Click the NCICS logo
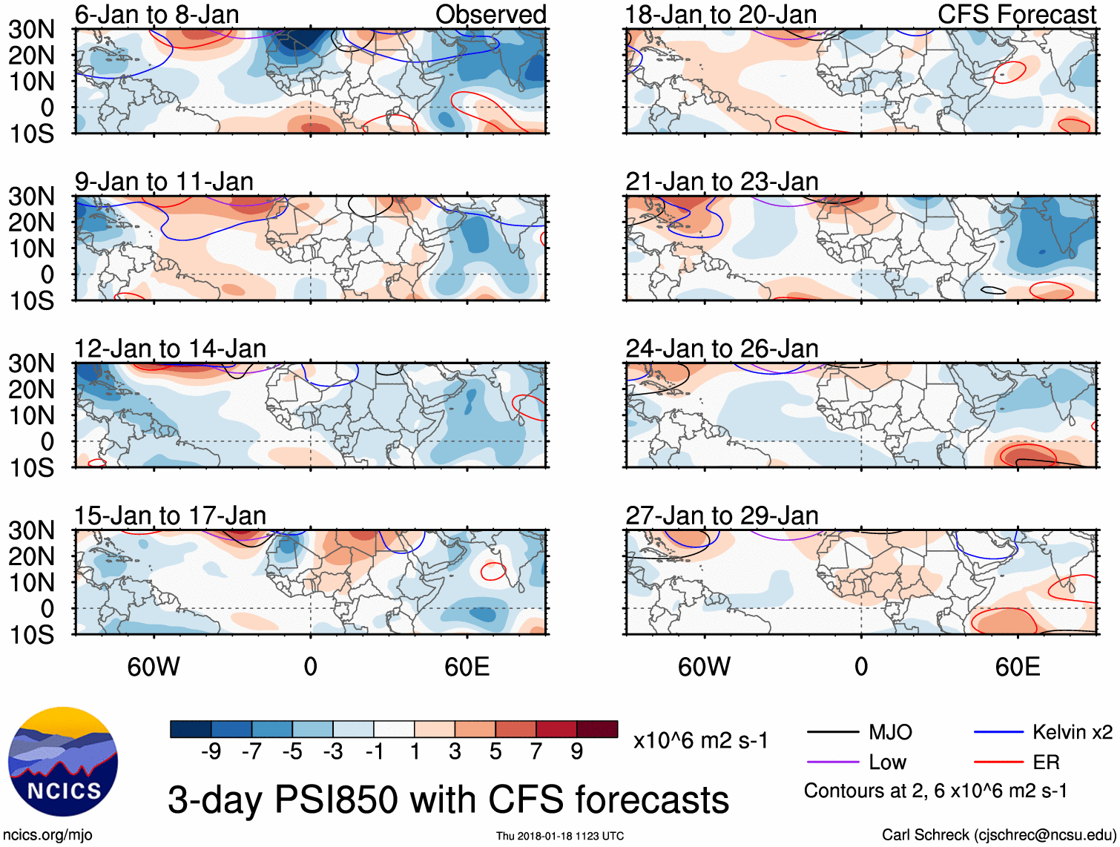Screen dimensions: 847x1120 [x=63, y=762]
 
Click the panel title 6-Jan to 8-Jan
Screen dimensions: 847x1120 [x=157, y=15]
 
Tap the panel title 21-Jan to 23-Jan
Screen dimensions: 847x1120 [x=722, y=182]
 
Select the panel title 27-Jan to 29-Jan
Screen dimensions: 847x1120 [x=722, y=516]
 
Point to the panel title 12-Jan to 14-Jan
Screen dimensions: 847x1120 [x=170, y=349]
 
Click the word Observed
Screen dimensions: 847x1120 [x=490, y=15]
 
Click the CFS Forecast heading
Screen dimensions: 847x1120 [x=1017, y=15]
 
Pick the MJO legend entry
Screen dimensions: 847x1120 [x=890, y=733]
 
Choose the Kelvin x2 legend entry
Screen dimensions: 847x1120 [x=1072, y=733]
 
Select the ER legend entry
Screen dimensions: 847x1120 [x=1046, y=762]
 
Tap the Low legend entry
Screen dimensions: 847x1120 [x=887, y=762]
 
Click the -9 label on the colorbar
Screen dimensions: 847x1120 [x=211, y=752]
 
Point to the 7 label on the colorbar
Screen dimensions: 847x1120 [x=536, y=752]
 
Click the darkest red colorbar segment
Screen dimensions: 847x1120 [x=597, y=729]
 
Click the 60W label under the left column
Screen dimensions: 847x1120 [x=154, y=667]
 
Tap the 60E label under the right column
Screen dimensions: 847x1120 [x=1017, y=667]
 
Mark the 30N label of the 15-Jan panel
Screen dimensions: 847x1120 [x=31, y=531]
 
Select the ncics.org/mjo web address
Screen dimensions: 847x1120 [x=47, y=835]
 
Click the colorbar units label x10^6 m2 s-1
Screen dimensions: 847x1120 [x=700, y=741]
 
